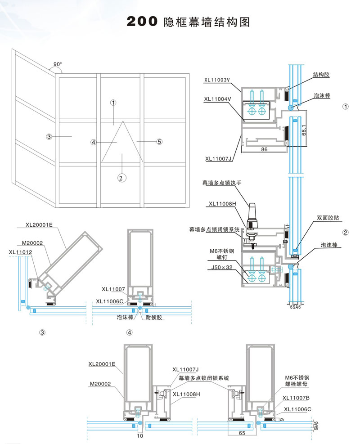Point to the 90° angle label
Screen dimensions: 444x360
pos(57,64)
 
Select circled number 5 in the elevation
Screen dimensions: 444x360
pos(159,142)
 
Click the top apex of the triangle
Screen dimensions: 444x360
pos(122,122)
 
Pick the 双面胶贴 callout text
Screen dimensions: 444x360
pos(328,217)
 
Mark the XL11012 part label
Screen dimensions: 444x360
pos(20,252)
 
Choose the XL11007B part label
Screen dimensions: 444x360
pos(296,398)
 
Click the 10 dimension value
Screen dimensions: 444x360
pos(140,436)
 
